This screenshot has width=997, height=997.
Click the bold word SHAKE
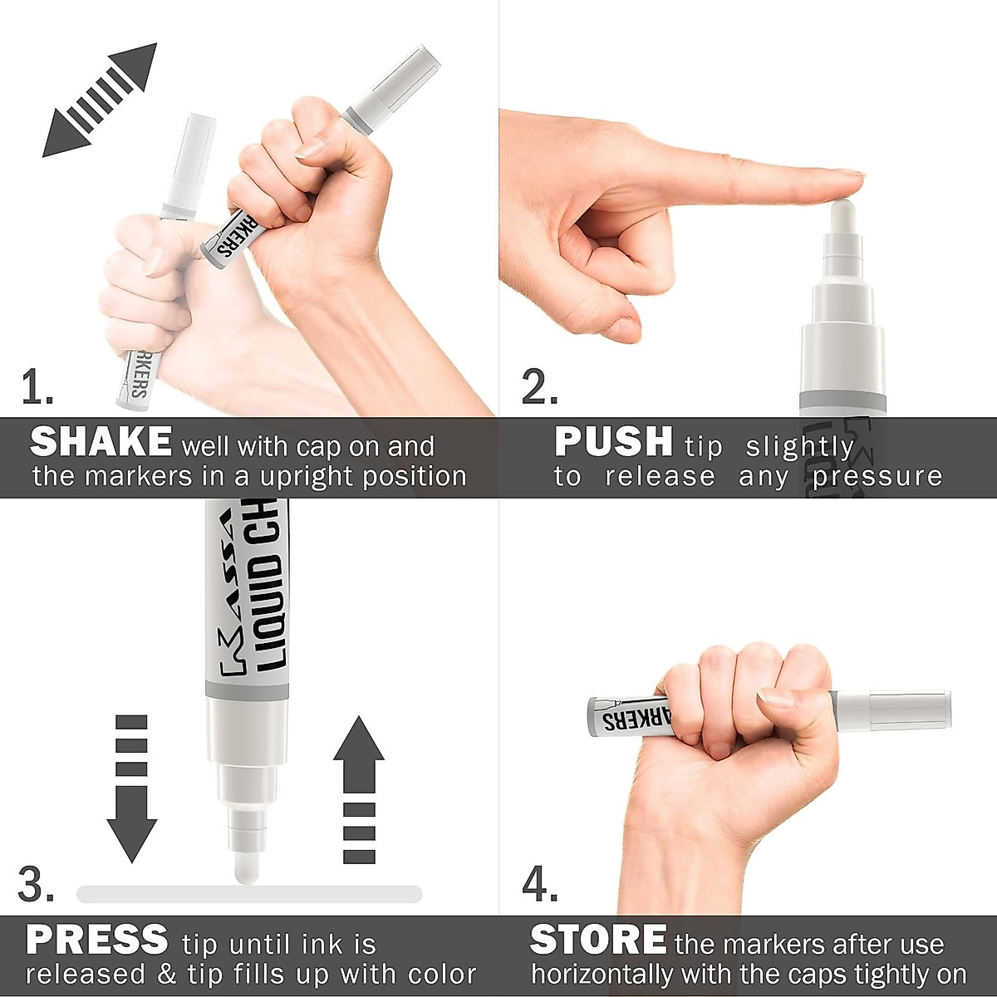[x=101, y=442]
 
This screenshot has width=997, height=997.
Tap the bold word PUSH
[x=613, y=442]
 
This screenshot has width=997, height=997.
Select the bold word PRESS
[x=97, y=941]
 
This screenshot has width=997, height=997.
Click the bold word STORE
[x=598, y=941]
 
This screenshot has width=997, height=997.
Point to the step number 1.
[x=37, y=387]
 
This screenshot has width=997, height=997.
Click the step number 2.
[x=539, y=387]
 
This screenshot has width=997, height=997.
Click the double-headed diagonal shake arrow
[x=100, y=101]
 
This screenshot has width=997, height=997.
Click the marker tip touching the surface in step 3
[x=247, y=869]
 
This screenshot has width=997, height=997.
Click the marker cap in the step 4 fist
[x=893, y=711]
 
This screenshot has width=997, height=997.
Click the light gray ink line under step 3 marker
[x=249, y=894]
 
